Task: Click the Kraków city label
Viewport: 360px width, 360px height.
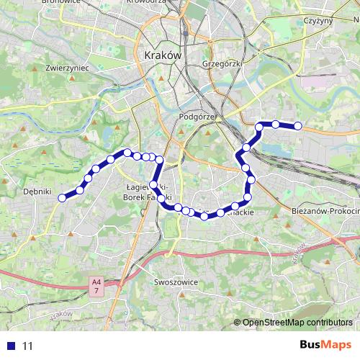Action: click(x=163, y=55)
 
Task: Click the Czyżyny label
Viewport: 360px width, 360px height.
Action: click(x=318, y=20)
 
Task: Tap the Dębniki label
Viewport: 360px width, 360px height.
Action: click(x=37, y=192)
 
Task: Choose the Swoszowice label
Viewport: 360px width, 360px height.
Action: click(x=176, y=283)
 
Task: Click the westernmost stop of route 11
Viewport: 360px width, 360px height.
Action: click(x=63, y=198)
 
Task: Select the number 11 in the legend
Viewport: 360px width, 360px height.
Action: click(x=28, y=346)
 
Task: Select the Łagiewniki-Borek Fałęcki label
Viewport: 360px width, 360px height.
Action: click(x=146, y=192)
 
